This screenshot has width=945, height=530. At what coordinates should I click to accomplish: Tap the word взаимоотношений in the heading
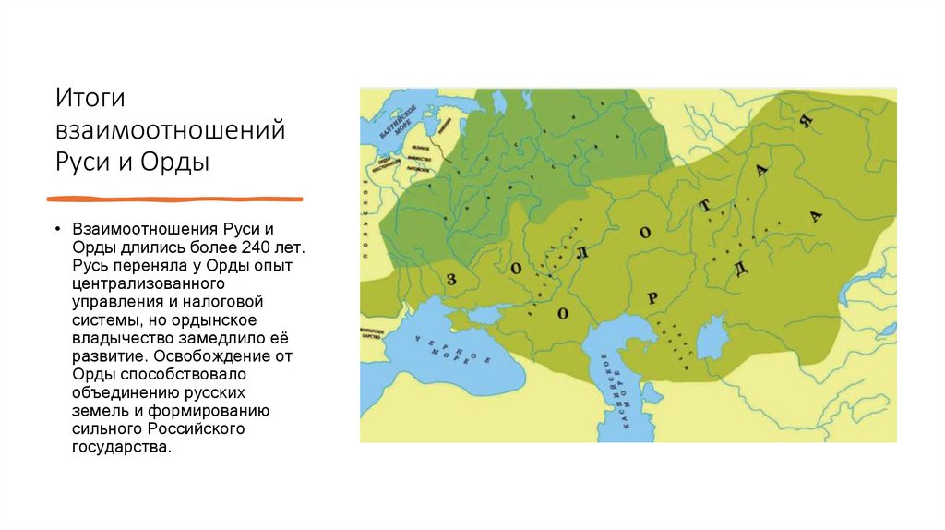(x=170, y=130)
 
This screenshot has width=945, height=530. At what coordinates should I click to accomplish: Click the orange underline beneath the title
(x=174, y=199)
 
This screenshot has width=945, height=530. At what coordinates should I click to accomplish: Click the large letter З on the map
(x=451, y=279)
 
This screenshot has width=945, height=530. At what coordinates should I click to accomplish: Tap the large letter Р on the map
(x=652, y=296)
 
